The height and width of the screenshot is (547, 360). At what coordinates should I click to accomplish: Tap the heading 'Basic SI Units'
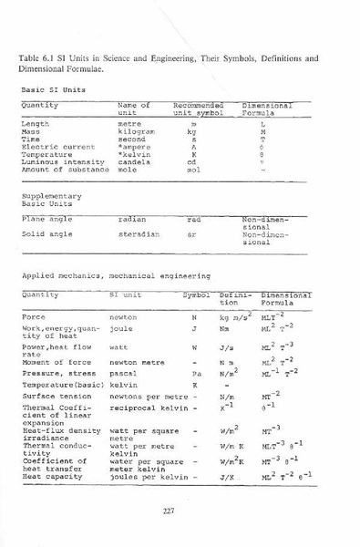(50, 89)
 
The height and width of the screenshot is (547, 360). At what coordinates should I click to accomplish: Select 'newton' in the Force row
(123, 316)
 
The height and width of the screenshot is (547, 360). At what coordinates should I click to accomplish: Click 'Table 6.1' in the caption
(37, 58)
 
